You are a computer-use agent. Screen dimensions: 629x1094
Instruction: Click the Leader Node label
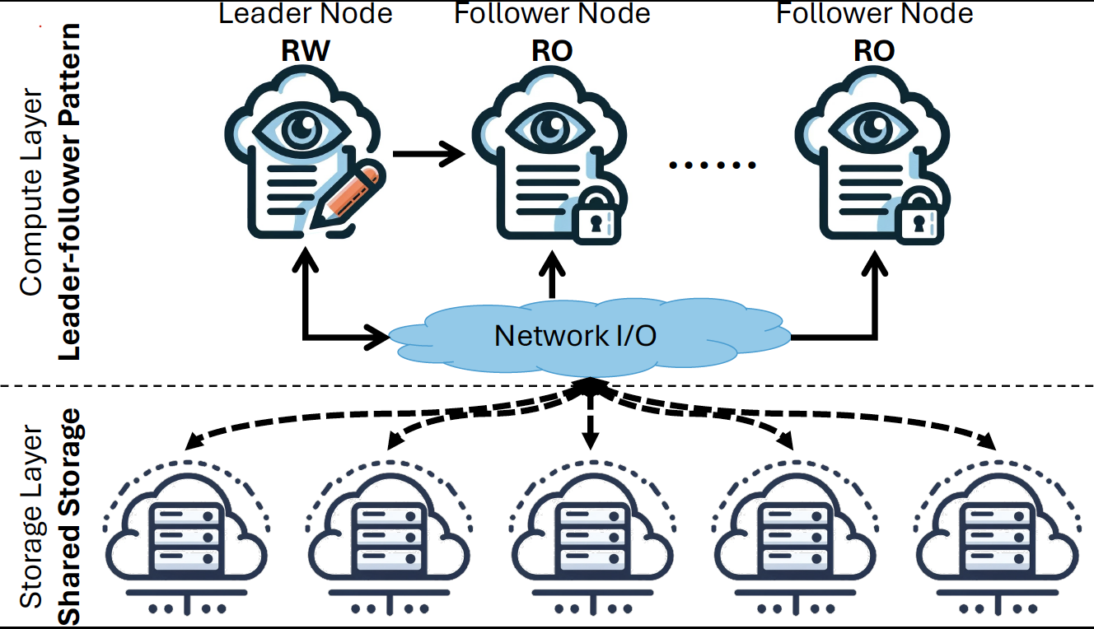click(x=305, y=13)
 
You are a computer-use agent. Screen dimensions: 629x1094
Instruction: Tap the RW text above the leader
click(x=305, y=52)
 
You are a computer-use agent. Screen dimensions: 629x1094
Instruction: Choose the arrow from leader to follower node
click(x=428, y=153)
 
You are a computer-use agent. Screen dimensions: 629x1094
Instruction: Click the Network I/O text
click(x=575, y=335)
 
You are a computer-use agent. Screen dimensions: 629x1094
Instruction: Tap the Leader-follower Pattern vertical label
click(x=72, y=191)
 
